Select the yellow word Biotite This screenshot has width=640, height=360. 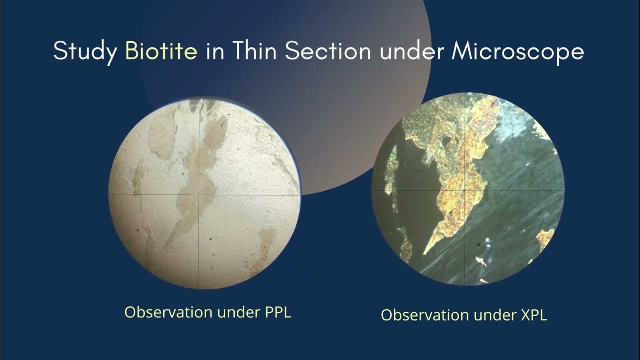coord(161,51)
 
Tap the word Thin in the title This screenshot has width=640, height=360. coord(252,51)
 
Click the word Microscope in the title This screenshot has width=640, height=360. coord(517,52)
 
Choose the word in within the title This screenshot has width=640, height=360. coord(215,51)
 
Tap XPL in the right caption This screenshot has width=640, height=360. coord(533,315)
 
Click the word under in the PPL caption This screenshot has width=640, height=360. coord(236,312)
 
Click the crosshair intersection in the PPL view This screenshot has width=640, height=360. coord(199,194)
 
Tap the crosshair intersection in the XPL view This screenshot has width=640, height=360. coord(465,190)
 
